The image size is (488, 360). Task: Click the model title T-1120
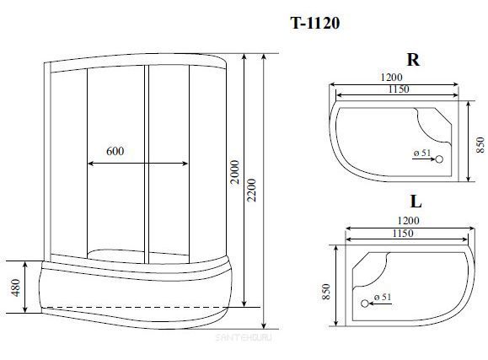point(314,23)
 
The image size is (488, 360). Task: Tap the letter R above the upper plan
point(413,60)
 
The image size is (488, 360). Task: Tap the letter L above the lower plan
point(416,201)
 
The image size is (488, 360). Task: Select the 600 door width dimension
point(115,151)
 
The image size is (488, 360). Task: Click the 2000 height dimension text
point(235,172)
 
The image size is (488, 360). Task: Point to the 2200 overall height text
point(251,191)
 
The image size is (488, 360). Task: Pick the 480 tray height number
point(15,287)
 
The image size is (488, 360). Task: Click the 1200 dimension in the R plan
point(392,77)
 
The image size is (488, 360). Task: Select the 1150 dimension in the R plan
point(399,89)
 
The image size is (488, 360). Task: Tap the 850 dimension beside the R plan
point(480,145)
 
